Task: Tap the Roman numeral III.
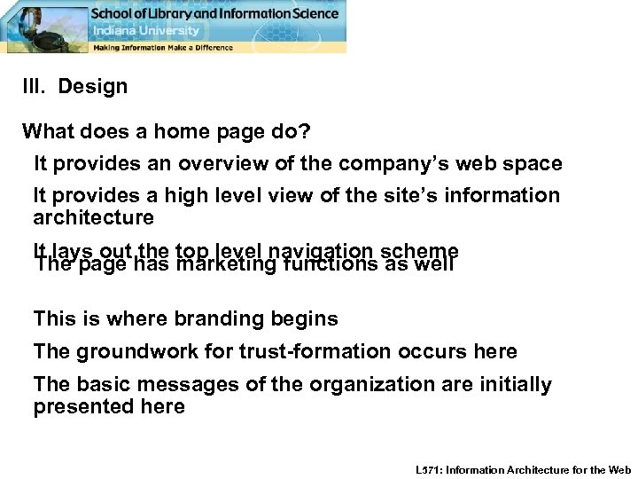click(35, 87)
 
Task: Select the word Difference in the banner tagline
click(214, 47)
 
